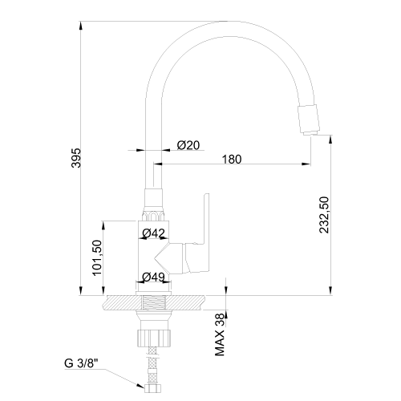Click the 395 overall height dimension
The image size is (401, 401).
point(76,158)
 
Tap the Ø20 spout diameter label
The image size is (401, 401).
point(188,145)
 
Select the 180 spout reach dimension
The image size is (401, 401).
point(232,160)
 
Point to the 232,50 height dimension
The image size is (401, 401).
point(324,215)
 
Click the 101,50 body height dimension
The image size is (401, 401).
point(97,257)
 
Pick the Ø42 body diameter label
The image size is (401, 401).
point(154,233)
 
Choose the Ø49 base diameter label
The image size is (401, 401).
point(153,277)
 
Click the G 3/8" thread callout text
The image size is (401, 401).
point(81,363)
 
